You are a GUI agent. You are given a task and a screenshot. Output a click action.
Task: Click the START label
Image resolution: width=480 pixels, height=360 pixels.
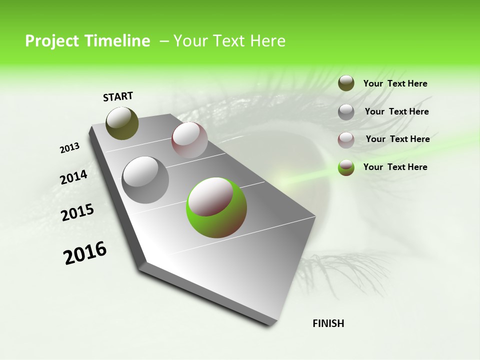(118, 96)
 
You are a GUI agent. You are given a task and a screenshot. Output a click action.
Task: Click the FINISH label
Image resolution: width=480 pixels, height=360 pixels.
(328, 323)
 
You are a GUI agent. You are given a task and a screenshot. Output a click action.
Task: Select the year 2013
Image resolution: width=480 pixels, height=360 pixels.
(70, 148)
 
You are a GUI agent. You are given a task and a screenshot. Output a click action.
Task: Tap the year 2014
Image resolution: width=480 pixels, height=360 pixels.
(74, 177)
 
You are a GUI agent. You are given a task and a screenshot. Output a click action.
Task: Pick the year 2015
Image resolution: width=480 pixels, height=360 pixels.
(77, 212)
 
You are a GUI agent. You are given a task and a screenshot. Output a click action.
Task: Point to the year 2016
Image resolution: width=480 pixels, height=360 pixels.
(85, 252)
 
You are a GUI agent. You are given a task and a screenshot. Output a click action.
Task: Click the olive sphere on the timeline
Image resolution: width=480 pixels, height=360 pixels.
(122, 123)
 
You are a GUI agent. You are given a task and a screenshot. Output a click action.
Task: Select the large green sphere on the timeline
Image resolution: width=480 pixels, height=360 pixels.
(216, 207)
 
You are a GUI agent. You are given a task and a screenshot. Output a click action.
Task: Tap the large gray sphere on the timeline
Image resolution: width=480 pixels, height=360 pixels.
(145, 179)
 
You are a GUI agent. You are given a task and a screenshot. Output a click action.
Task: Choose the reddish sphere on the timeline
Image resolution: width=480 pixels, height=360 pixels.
(189, 140)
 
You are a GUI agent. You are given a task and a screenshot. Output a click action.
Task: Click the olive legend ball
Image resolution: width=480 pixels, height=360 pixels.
(346, 83)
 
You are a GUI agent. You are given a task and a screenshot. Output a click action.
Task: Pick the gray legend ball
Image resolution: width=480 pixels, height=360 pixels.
(346, 112)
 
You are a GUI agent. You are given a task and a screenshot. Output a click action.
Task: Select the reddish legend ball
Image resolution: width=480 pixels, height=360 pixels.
(346, 140)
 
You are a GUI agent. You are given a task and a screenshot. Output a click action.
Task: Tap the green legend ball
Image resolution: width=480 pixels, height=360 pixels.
(346, 168)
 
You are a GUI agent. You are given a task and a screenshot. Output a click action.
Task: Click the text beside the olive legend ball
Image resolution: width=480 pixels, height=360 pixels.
(395, 84)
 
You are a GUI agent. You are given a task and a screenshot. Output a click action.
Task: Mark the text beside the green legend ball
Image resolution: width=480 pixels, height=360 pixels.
(395, 167)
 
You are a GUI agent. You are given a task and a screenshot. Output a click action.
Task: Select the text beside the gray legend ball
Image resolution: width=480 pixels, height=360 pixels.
(396, 111)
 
